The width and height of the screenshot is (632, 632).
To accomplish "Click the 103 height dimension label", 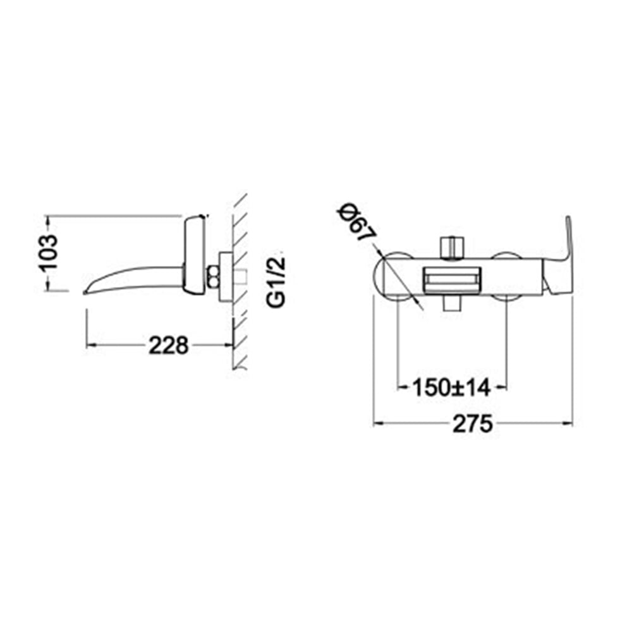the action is tap(48, 252).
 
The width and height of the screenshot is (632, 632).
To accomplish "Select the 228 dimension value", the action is tap(169, 346).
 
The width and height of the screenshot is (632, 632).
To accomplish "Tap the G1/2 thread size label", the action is tap(277, 281).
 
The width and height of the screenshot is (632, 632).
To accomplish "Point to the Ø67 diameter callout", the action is tap(356, 223).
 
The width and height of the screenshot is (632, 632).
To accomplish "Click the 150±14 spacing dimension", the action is tap(451, 388).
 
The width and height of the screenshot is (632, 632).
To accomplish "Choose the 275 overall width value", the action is tap(473, 423).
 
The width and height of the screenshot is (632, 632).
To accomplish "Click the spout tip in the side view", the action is tap(85, 292).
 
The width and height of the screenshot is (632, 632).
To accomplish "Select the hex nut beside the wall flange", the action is tap(213, 277).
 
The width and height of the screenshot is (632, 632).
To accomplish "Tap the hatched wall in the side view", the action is tap(240, 281).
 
